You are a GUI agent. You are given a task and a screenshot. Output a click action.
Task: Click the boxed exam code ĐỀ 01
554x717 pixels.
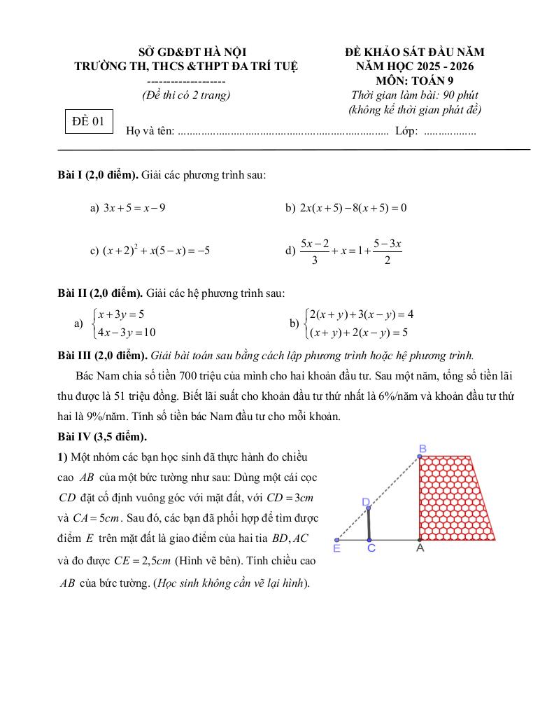[x=87, y=121]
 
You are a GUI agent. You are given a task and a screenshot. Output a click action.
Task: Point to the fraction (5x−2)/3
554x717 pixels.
[x=315, y=251]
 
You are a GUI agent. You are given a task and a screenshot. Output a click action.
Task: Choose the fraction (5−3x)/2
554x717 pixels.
[x=387, y=251]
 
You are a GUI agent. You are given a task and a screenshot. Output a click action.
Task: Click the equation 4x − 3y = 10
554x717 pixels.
[x=127, y=332]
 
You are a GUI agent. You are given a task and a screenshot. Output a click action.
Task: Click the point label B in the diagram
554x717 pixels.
[x=422, y=448]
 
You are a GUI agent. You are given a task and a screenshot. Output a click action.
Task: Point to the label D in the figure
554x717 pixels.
[x=366, y=502]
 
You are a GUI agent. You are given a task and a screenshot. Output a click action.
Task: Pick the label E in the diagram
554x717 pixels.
[x=336, y=549]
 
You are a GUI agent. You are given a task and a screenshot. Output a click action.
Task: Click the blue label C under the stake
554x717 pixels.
[x=371, y=549]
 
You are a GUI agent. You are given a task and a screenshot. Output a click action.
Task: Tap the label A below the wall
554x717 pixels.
[x=420, y=549]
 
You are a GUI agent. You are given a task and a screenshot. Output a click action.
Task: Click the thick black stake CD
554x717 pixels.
[x=369, y=524]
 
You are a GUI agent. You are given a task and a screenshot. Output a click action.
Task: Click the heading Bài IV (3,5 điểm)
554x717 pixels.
[x=102, y=437]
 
